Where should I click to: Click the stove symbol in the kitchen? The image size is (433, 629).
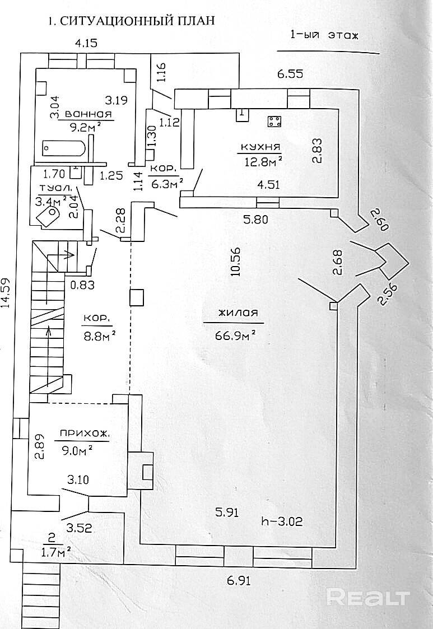[x=274, y=122]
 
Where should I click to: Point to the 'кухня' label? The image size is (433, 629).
[x=259, y=147]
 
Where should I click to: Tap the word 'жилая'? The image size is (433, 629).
[x=234, y=314]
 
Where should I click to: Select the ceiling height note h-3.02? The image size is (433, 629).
[x=283, y=523]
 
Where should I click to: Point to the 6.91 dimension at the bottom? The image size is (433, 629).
[x=238, y=581]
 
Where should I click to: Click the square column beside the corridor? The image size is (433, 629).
[x=137, y=297]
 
